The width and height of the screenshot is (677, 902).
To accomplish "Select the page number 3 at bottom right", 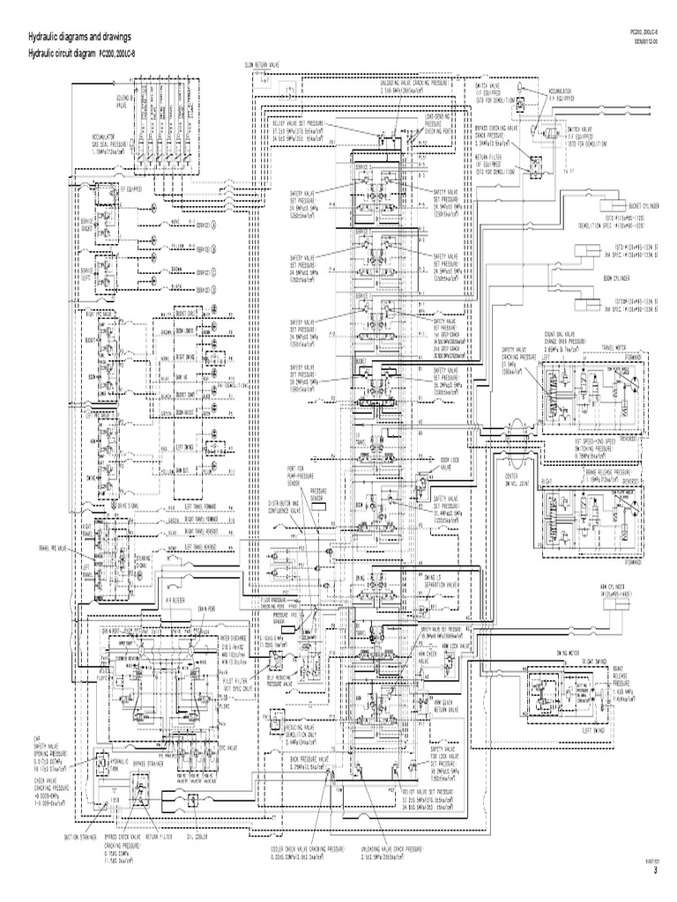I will click(x=655, y=870).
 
